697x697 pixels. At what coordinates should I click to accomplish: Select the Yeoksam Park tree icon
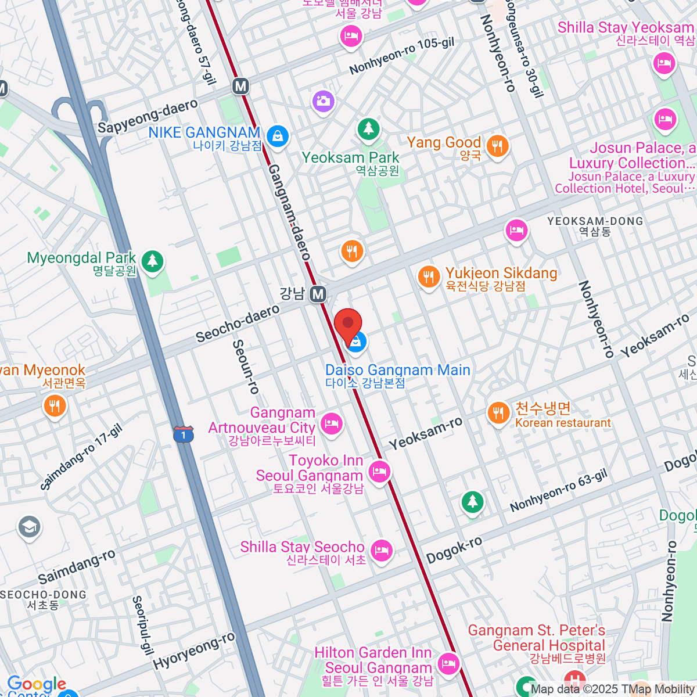click(368, 129)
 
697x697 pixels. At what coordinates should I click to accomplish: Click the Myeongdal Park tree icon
click(152, 261)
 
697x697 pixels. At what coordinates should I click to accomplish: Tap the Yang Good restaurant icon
click(497, 146)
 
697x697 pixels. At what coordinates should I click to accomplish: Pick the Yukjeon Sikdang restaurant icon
click(429, 276)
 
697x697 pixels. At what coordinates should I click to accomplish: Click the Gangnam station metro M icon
click(317, 294)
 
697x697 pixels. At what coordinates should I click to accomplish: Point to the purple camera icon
click(324, 101)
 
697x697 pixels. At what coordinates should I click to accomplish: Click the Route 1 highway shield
click(183, 434)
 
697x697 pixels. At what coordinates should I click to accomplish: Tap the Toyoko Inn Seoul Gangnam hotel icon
click(379, 470)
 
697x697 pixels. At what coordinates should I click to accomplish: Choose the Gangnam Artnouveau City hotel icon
click(332, 423)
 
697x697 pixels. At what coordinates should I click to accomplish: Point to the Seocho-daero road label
click(238, 324)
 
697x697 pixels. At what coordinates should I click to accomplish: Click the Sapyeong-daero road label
click(148, 116)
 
